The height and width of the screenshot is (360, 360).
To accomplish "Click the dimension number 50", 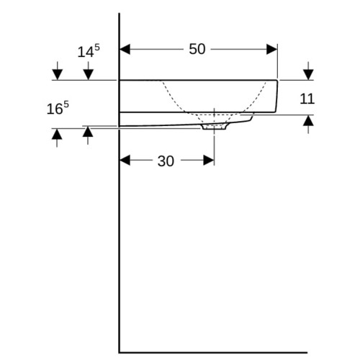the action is tap(197, 49).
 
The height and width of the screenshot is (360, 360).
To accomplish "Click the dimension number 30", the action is tap(166, 161).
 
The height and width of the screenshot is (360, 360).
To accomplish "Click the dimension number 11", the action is tap(307, 99).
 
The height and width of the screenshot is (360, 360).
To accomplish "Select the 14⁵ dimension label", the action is tap(89, 51).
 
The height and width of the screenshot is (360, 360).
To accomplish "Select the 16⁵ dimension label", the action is tap(58, 108).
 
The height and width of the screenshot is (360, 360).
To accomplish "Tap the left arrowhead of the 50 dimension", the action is tap(125, 49).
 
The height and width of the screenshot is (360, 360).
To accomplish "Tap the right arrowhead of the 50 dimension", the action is tap(272, 49).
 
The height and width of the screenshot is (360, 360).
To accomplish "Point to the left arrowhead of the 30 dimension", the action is tap(125, 161).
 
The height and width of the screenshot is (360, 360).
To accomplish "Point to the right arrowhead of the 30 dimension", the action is tap(209, 161).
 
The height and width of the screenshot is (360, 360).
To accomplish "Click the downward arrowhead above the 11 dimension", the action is tap(308, 74).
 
